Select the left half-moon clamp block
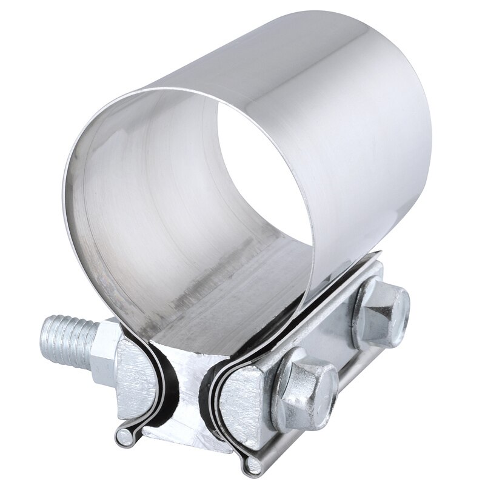(136, 370)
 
